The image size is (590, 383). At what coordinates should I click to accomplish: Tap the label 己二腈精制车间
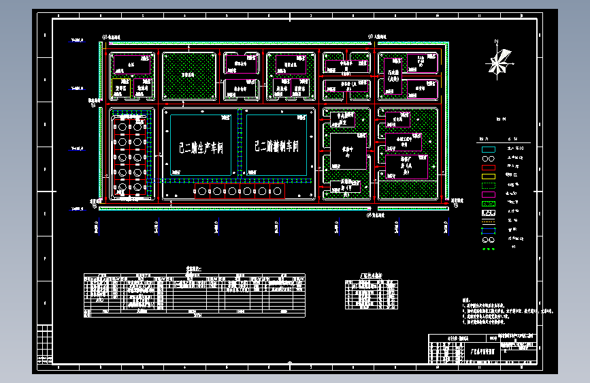coord(276,146)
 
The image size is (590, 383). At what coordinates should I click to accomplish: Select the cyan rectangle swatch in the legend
coord(488,149)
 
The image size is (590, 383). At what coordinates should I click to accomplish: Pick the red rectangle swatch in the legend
coord(488,167)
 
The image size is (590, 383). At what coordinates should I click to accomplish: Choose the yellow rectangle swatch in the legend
coord(488,176)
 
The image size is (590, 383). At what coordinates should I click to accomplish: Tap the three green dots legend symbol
coord(488,249)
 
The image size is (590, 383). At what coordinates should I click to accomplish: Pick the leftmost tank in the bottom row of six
coord(202,192)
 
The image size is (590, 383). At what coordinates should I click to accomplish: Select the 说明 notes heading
coord(466,299)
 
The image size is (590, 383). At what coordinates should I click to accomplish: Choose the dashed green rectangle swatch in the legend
coord(488,185)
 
